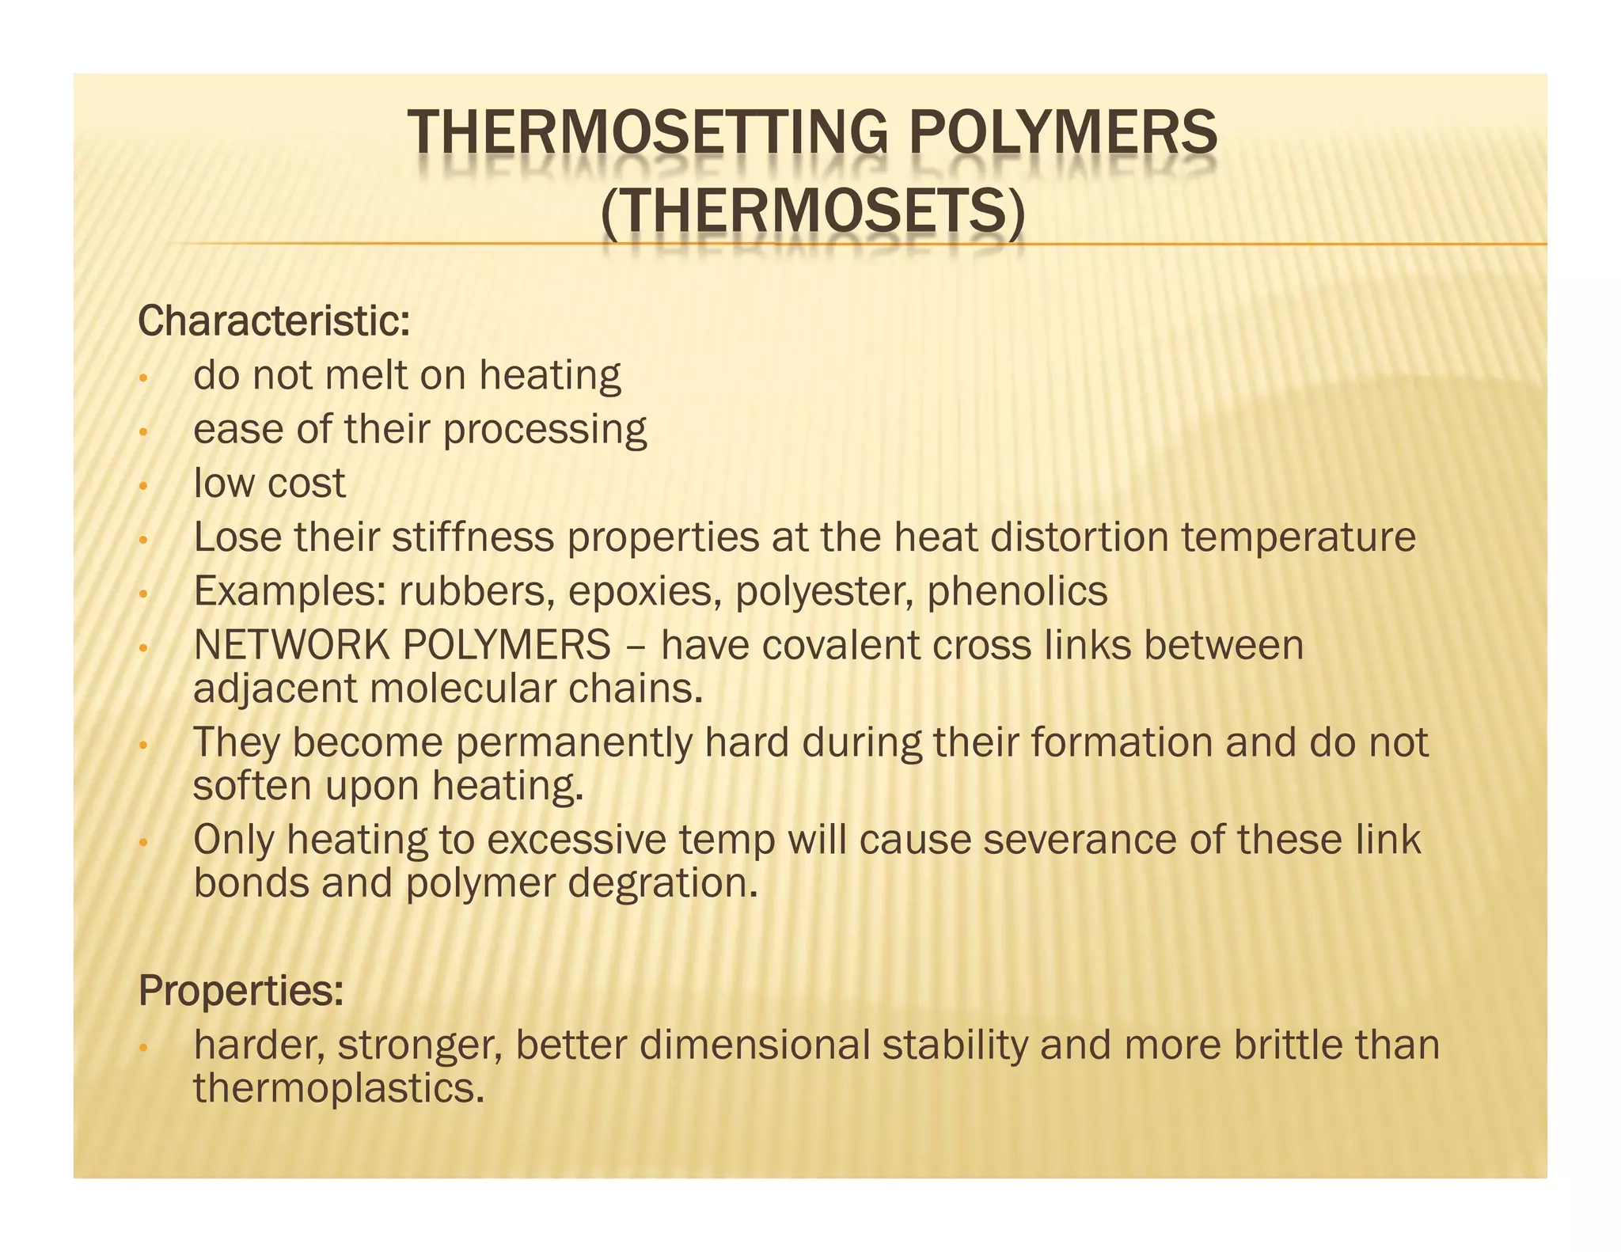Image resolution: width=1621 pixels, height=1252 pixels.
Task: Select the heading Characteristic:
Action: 274,321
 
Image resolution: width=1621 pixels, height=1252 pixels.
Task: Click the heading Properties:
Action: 241,990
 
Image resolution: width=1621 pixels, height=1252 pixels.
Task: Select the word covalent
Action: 843,645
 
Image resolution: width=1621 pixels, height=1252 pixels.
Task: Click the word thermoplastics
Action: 338,1088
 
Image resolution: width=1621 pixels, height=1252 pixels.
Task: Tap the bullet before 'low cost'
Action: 142,486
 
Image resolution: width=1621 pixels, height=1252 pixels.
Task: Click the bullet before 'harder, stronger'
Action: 142,1048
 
